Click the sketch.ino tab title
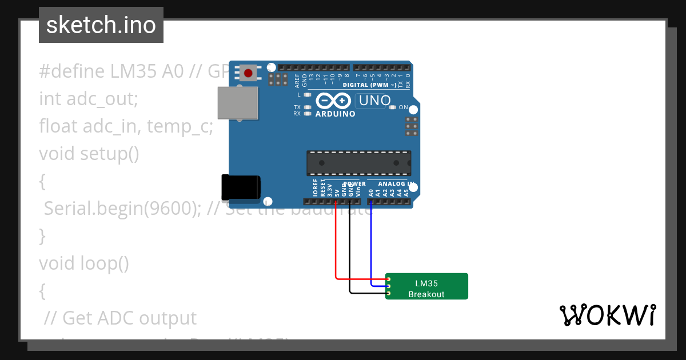click(101, 25)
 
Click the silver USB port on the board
click(237, 103)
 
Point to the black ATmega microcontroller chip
click(358, 163)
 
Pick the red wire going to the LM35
click(336, 246)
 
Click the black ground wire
click(349, 251)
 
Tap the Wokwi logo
click(607, 315)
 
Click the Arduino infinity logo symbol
click(334, 101)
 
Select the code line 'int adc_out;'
click(89, 98)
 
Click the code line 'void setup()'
click(89, 154)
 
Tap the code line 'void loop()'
click(84, 263)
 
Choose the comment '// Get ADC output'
click(120, 318)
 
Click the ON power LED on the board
click(392, 107)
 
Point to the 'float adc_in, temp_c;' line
click(126, 126)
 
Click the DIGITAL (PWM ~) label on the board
click(369, 85)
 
